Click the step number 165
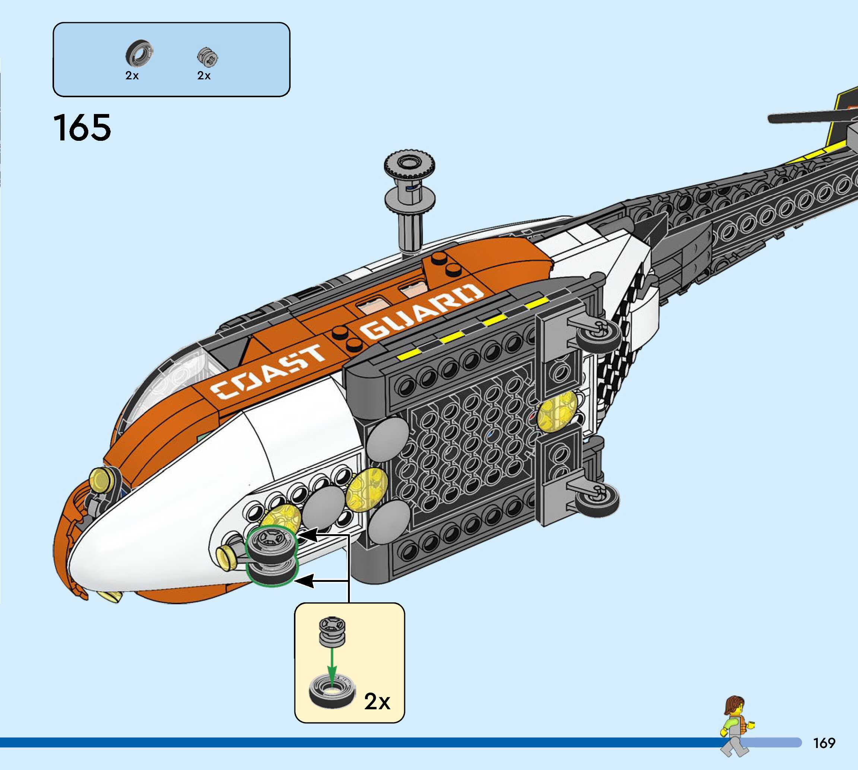tap(82, 127)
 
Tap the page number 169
tap(824, 742)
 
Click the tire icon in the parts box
tap(139, 54)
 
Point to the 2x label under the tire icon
tap(132, 76)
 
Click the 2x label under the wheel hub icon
tap(204, 76)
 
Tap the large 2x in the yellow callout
tap(377, 701)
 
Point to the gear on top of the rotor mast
tap(409, 165)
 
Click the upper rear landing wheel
tap(598, 339)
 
